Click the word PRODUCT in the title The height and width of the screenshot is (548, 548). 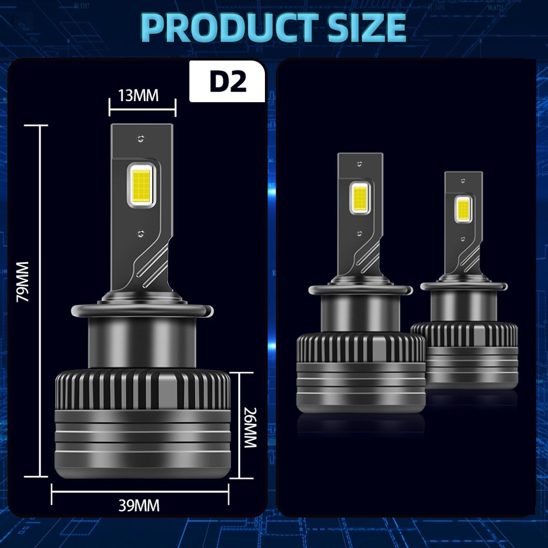coord(229,27)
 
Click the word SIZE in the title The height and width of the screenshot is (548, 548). coord(367,27)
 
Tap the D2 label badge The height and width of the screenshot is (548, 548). coord(227,81)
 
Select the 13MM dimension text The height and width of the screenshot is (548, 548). coord(139,95)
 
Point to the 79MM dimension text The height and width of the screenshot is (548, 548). coord(24,281)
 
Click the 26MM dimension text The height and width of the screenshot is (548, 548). coord(250,428)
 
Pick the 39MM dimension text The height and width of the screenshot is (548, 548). coord(139,505)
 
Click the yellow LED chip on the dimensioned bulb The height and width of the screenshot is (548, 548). coord(141,185)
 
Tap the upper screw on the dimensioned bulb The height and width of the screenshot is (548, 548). coord(141,139)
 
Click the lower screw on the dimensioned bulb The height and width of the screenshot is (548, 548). coord(141,233)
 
